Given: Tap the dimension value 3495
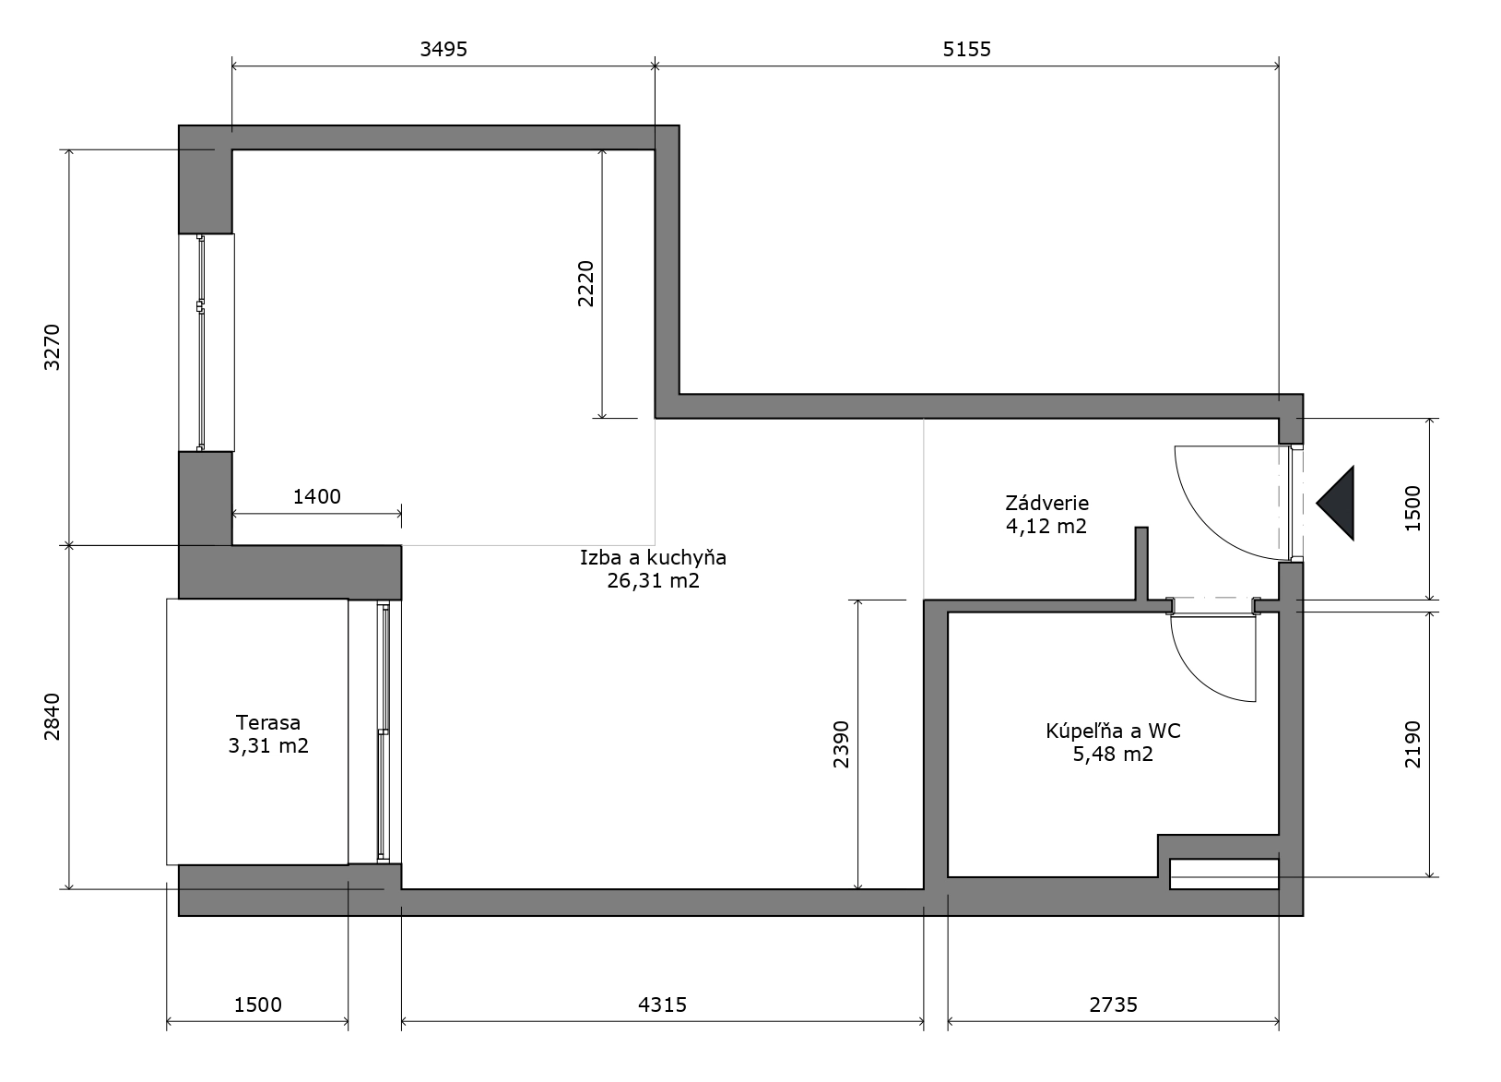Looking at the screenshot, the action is (443, 49).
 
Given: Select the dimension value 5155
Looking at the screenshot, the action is (966, 49).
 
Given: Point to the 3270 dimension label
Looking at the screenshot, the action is (52, 347).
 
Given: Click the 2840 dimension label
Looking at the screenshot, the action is (52, 717).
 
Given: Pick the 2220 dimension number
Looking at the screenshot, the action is (585, 283).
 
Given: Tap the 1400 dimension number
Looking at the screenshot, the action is (316, 497).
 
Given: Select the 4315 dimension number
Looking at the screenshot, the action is (662, 1005).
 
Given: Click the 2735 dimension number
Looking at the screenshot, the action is (1113, 1005).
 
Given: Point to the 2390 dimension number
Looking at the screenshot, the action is (841, 744).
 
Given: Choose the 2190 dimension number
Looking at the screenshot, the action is (1412, 744).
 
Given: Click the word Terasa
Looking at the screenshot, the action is (268, 722).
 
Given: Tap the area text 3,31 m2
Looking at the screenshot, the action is (268, 745).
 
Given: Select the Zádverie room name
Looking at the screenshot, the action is (1046, 503).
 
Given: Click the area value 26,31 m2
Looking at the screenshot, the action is (654, 580).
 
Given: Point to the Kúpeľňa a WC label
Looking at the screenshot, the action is (1113, 731).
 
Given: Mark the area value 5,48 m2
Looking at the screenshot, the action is (1113, 755).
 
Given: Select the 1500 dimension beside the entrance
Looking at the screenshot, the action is (1412, 508).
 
